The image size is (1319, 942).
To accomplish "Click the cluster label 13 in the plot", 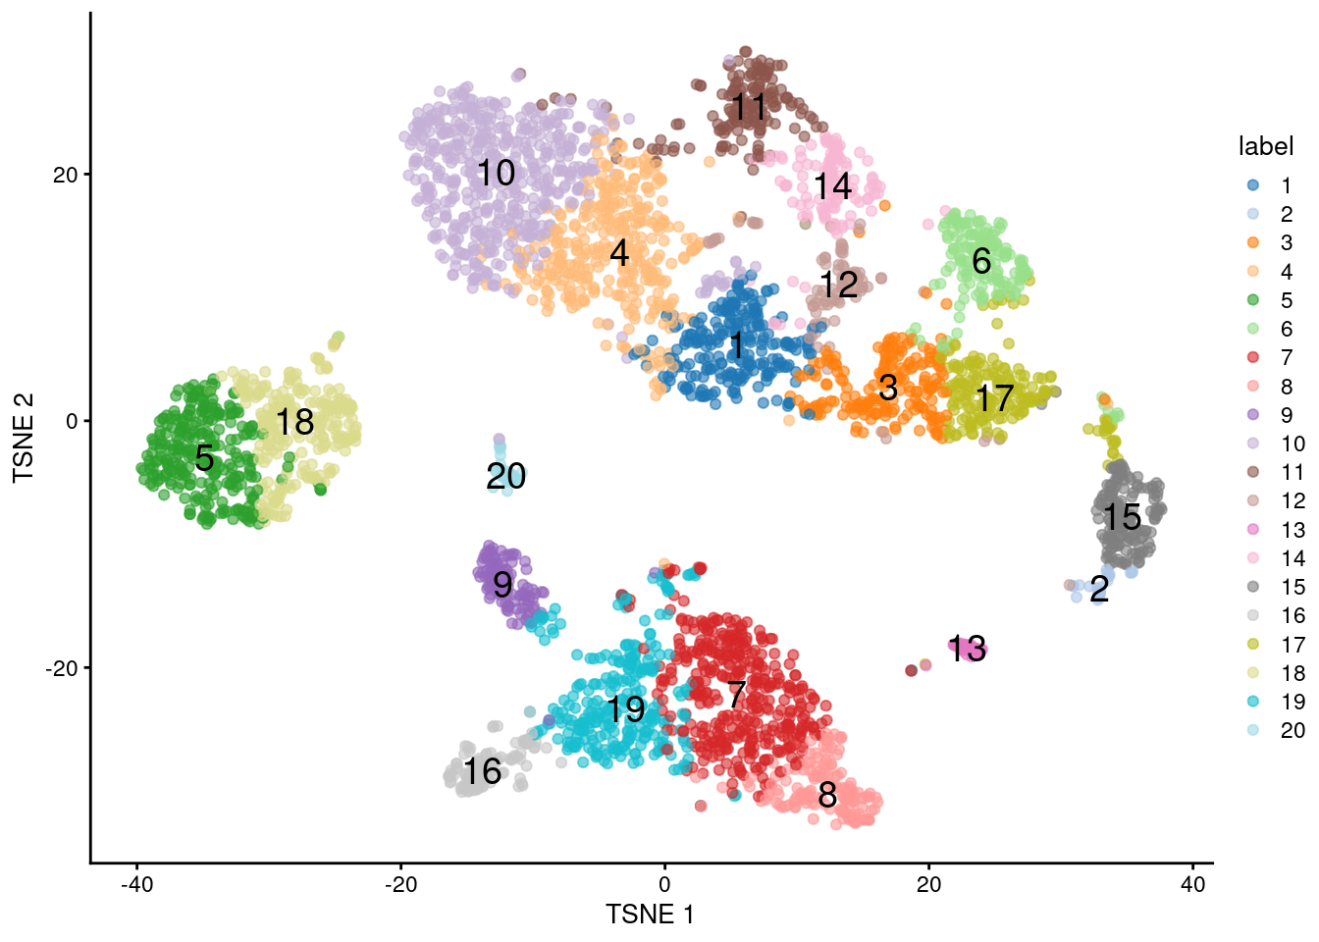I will [x=968, y=648].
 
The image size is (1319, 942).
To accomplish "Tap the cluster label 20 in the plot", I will [x=506, y=477].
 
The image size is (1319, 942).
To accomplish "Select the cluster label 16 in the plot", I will [x=482, y=771].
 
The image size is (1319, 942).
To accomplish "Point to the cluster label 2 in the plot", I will [x=1099, y=589].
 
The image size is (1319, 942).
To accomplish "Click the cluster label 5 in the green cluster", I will [x=204, y=457].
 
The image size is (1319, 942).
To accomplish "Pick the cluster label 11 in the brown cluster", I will [x=749, y=106].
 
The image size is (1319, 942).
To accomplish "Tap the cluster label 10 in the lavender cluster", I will [x=496, y=173].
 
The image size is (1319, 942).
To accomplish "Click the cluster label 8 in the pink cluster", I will [x=827, y=795].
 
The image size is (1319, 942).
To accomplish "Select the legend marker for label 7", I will [x=1253, y=357].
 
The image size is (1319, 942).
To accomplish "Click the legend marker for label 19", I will [x=1253, y=702].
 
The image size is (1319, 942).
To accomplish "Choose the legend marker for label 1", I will [x=1253, y=185].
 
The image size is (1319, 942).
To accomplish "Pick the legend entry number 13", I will [x=1293, y=530].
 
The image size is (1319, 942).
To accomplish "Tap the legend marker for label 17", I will [x=1253, y=645].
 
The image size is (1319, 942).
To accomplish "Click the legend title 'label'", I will [x=1266, y=146].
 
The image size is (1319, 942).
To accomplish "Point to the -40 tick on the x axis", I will [x=136, y=884].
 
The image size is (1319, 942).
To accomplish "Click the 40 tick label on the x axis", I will [x=1192, y=884].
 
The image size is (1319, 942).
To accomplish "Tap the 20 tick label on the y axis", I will [x=66, y=175].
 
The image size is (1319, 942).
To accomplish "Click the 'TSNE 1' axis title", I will [x=650, y=915].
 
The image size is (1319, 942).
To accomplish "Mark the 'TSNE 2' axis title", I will [x=24, y=438].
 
